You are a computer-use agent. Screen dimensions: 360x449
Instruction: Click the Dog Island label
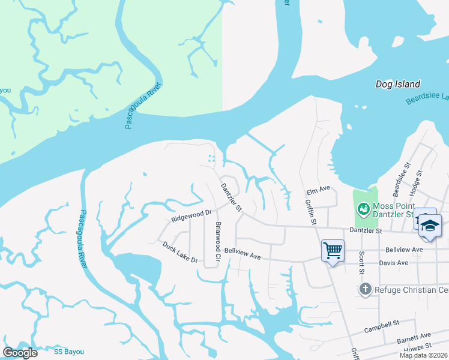coord(398,85)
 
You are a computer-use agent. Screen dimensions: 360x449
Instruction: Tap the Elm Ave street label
coord(318,190)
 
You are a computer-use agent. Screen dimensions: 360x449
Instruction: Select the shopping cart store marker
coord(332,250)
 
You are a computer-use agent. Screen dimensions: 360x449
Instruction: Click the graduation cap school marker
coord(430,225)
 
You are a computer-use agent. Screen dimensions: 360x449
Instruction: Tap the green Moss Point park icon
coord(363,209)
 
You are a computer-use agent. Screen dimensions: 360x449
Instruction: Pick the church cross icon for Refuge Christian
coord(364,290)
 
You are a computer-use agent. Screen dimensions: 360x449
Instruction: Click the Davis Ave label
coord(393,263)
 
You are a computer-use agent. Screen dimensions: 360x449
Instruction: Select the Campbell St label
coord(382,327)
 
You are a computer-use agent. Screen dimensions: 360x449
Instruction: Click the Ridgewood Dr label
coord(191,216)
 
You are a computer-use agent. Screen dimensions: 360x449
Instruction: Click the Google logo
coord(20,352)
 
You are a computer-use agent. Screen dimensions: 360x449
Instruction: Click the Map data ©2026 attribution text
coord(424,355)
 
